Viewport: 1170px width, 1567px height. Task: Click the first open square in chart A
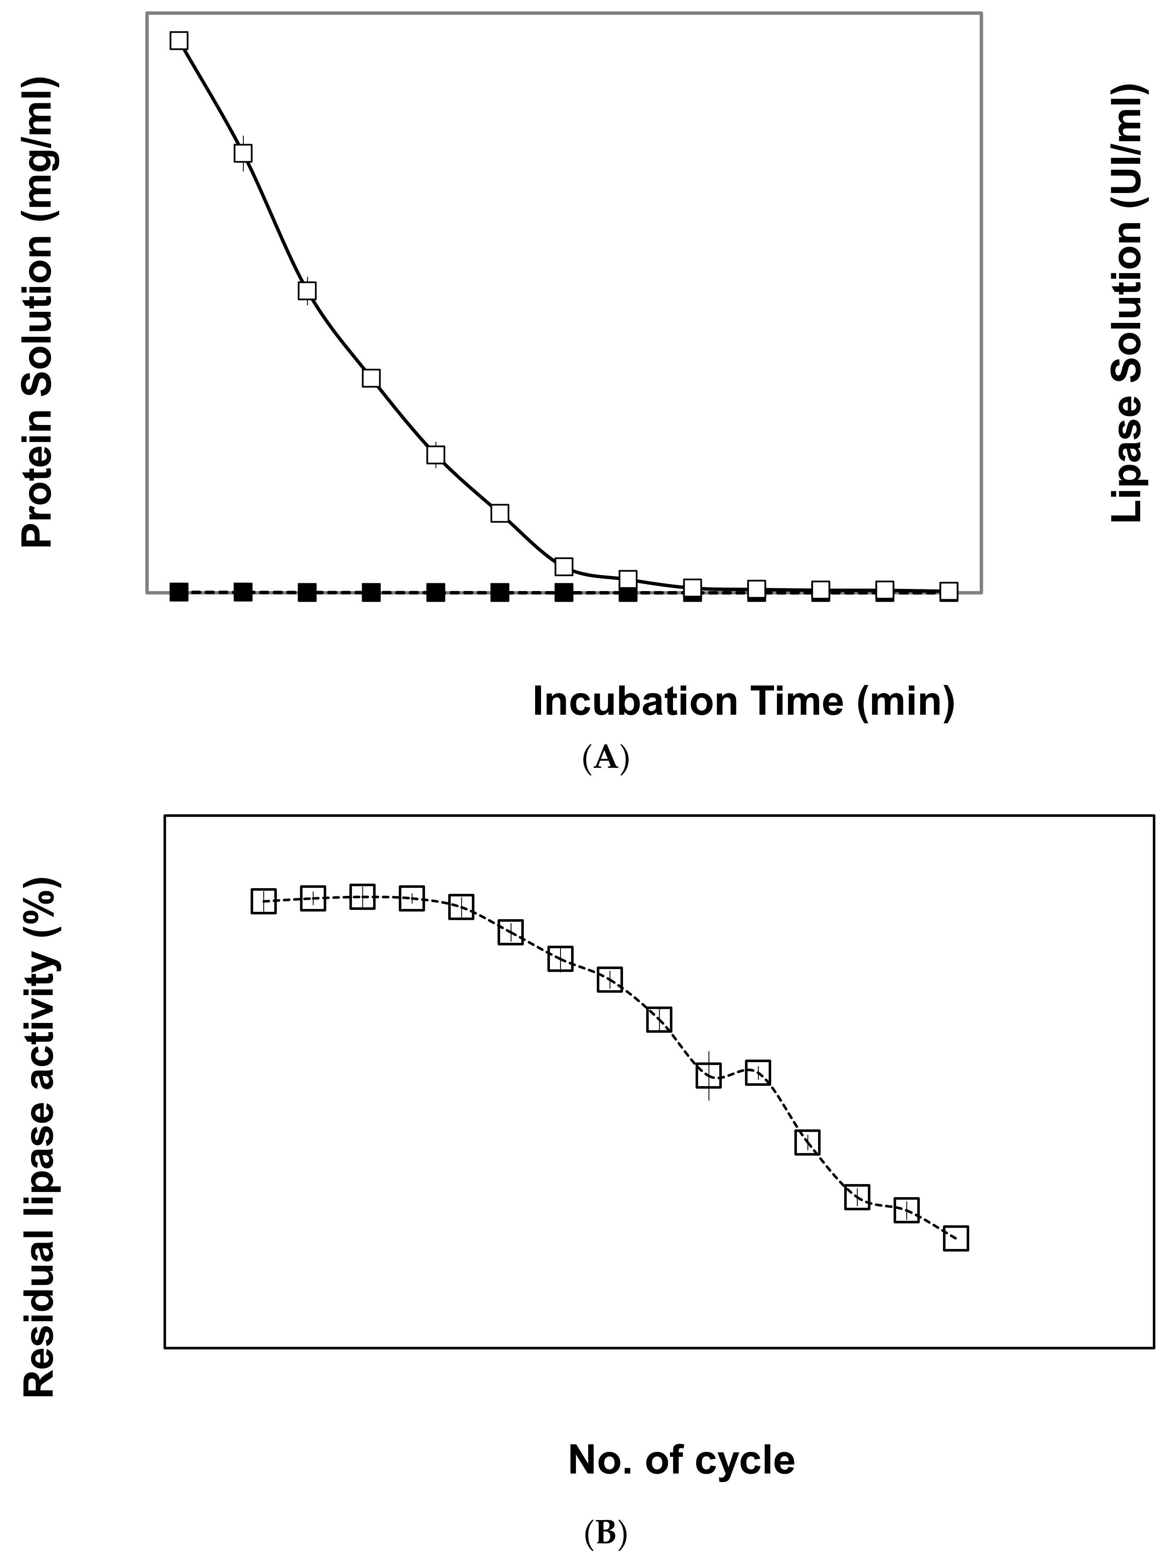click(x=179, y=40)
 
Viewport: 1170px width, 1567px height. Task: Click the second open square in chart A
click(x=243, y=153)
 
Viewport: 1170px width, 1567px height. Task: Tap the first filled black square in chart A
click(x=179, y=592)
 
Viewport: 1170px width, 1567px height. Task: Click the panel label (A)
click(x=605, y=758)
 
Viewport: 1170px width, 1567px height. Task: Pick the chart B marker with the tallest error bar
click(x=708, y=1076)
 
